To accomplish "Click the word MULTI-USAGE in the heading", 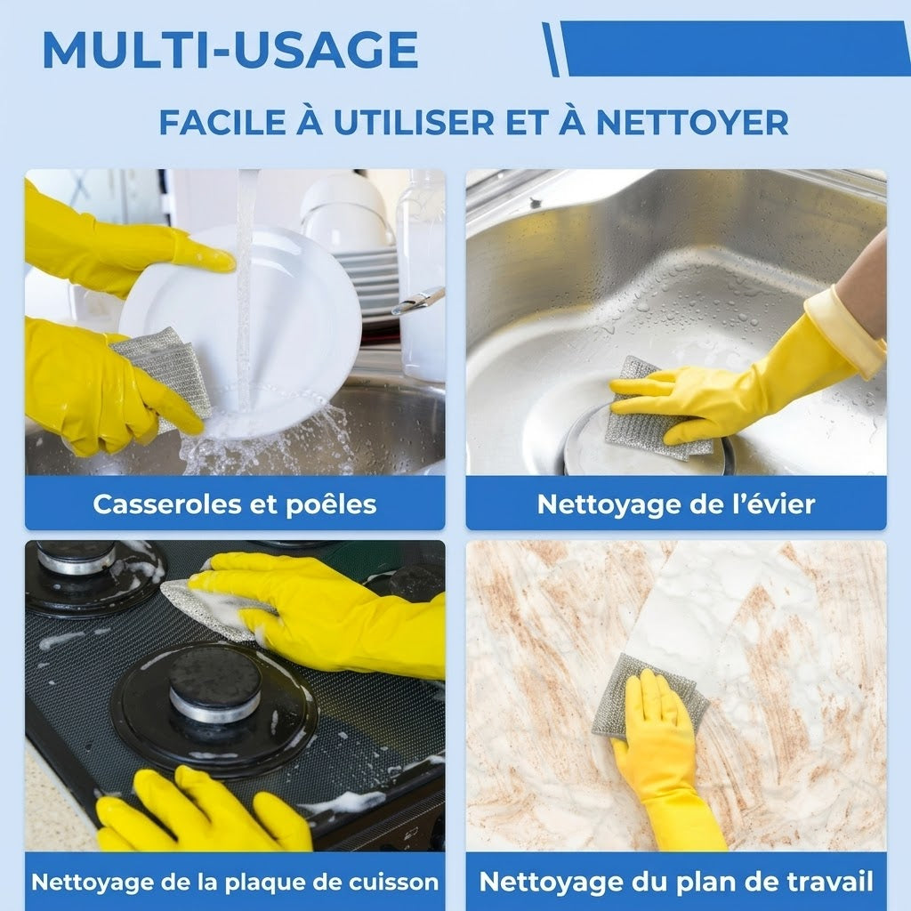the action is (x=230, y=50).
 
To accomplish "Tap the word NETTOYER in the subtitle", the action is (x=692, y=123).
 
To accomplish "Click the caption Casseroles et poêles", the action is (x=235, y=504).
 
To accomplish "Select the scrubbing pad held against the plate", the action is (x=165, y=372).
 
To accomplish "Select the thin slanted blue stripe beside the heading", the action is (x=551, y=50).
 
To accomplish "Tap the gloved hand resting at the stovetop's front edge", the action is (x=204, y=810).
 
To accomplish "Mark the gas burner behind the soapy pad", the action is (x=93, y=576).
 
